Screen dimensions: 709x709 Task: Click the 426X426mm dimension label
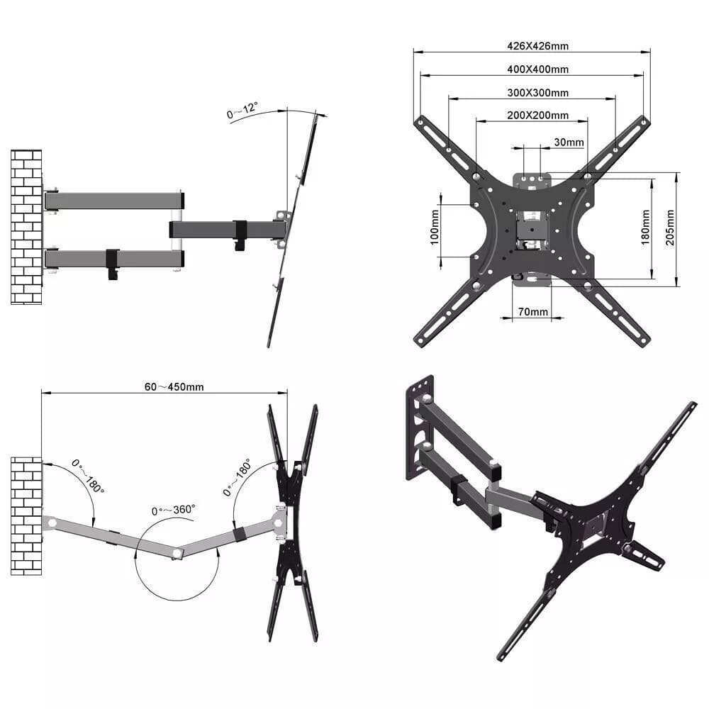[x=537, y=46]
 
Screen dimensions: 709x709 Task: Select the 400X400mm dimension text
[x=537, y=69]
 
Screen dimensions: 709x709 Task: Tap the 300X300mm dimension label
[x=537, y=93]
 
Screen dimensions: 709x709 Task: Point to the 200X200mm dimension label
[x=537, y=116]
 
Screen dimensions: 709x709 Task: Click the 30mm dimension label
[x=569, y=143]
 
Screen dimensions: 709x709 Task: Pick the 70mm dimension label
[x=533, y=312]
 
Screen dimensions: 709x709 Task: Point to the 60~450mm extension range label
[x=174, y=387]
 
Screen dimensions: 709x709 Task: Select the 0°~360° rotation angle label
[x=174, y=510]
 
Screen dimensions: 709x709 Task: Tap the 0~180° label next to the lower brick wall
[x=89, y=476]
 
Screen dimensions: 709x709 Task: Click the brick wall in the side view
[x=26, y=227]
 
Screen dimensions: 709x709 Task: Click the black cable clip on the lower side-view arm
[x=112, y=263]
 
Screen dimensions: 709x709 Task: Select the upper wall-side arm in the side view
[x=113, y=200]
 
